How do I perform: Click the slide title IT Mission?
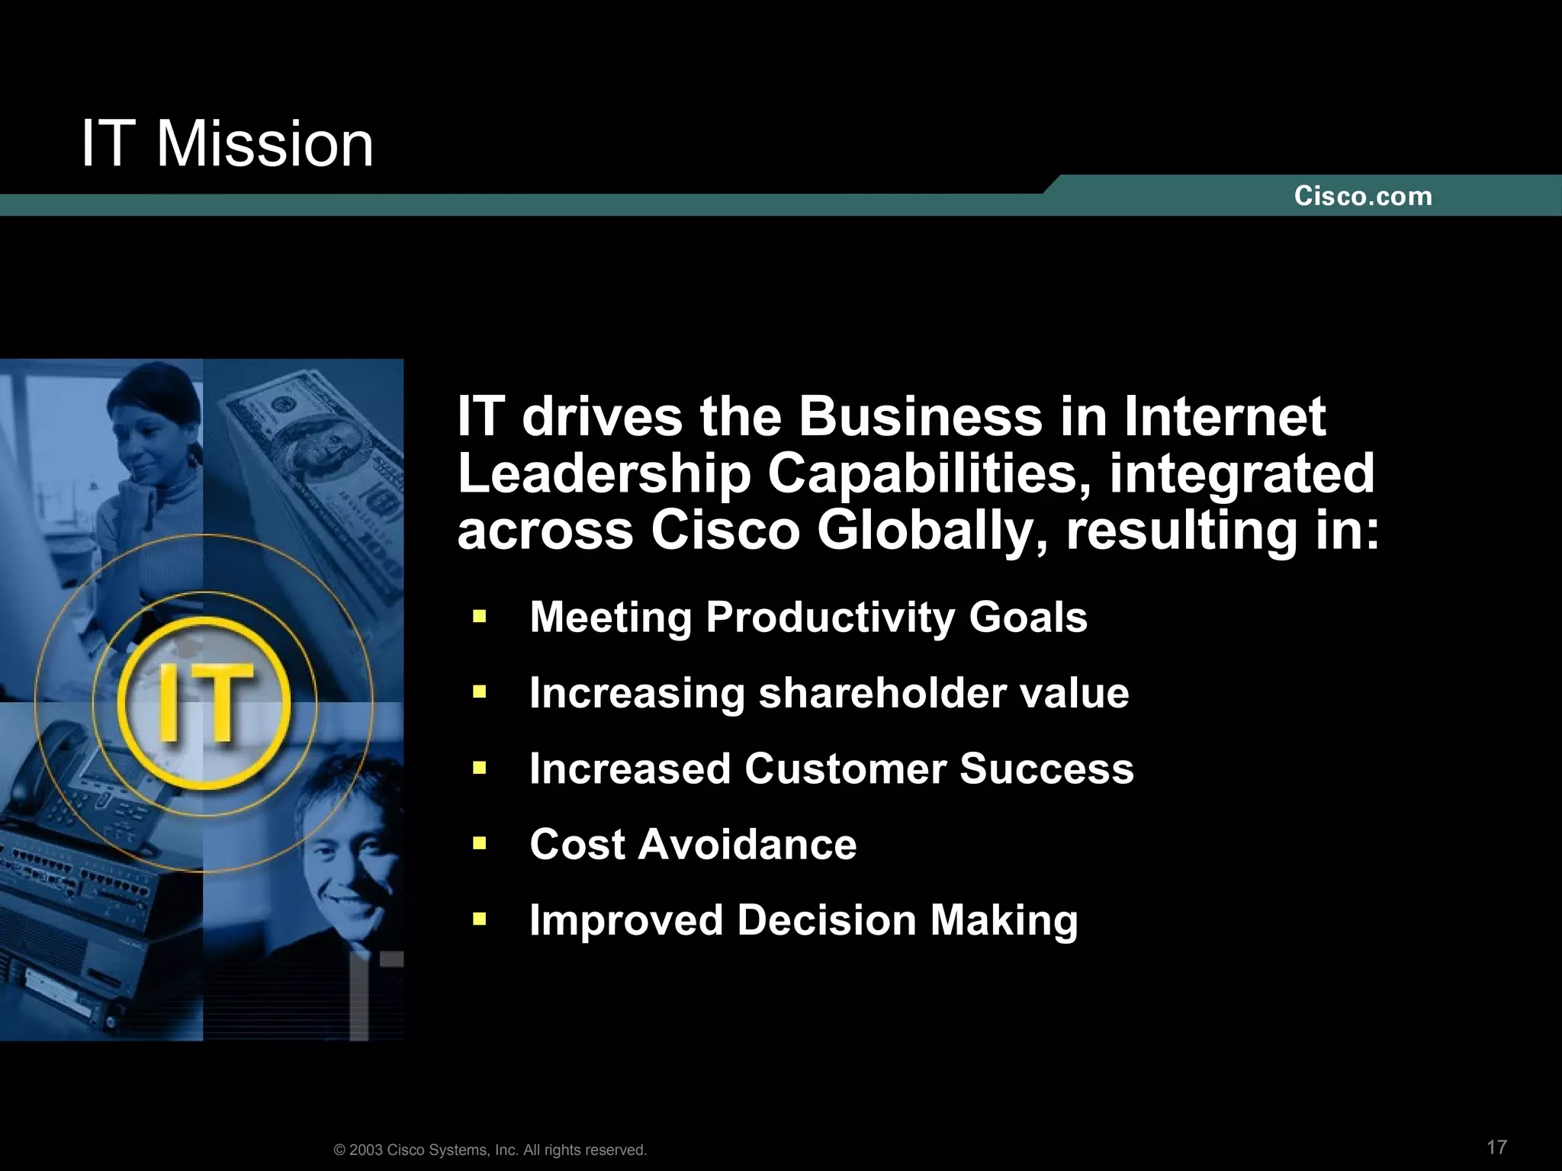tap(227, 144)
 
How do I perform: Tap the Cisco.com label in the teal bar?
tap(1363, 197)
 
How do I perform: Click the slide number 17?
tap(1496, 1147)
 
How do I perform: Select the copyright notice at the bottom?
tap(490, 1150)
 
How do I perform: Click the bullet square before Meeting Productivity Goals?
tap(479, 616)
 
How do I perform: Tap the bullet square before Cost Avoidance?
tap(479, 843)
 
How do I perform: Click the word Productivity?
tap(830, 618)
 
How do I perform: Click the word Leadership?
tap(604, 474)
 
